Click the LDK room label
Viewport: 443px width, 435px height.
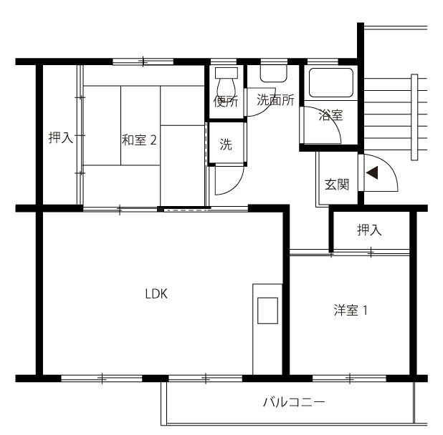[156, 294]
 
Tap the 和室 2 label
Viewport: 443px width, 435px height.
[139, 140]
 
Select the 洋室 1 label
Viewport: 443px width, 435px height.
[351, 310]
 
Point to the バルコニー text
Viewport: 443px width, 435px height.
[294, 402]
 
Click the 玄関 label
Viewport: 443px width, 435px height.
[337, 185]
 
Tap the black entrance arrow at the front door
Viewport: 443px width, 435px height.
[372, 172]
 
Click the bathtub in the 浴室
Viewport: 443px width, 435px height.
[331, 82]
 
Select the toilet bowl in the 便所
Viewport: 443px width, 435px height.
[226, 87]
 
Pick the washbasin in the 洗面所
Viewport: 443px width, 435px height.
[274, 73]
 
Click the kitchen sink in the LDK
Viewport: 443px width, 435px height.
[267, 311]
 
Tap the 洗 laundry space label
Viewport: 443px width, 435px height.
[226, 145]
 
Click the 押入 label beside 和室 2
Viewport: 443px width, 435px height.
[61, 137]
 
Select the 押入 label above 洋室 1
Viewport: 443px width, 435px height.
[369, 230]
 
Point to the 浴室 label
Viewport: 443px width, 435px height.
[330, 115]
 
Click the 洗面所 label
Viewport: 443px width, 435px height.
[275, 99]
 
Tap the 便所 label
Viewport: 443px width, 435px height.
[226, 102]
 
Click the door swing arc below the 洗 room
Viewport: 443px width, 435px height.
[237, 186]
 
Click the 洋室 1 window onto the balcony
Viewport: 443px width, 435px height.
[349, 378]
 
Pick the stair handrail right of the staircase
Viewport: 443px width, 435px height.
[414, 117]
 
